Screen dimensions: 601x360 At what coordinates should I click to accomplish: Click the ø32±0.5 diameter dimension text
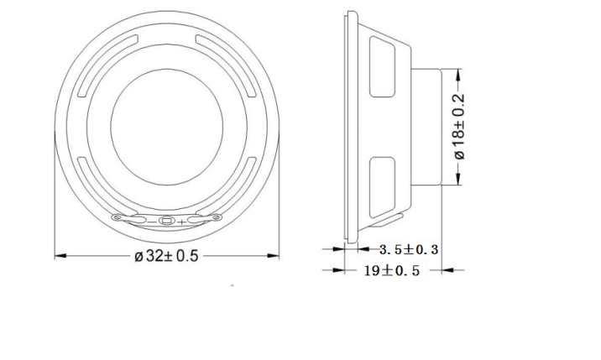(166, 256)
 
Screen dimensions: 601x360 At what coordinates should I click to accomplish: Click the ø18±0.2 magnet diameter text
(459, 127)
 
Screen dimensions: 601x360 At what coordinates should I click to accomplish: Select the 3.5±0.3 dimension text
(409, 249)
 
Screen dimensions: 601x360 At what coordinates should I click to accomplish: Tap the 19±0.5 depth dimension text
(392, 271)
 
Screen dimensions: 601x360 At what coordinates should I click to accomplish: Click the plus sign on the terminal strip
(181, 222)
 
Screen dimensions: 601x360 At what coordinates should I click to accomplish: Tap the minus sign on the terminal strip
(152, 222)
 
